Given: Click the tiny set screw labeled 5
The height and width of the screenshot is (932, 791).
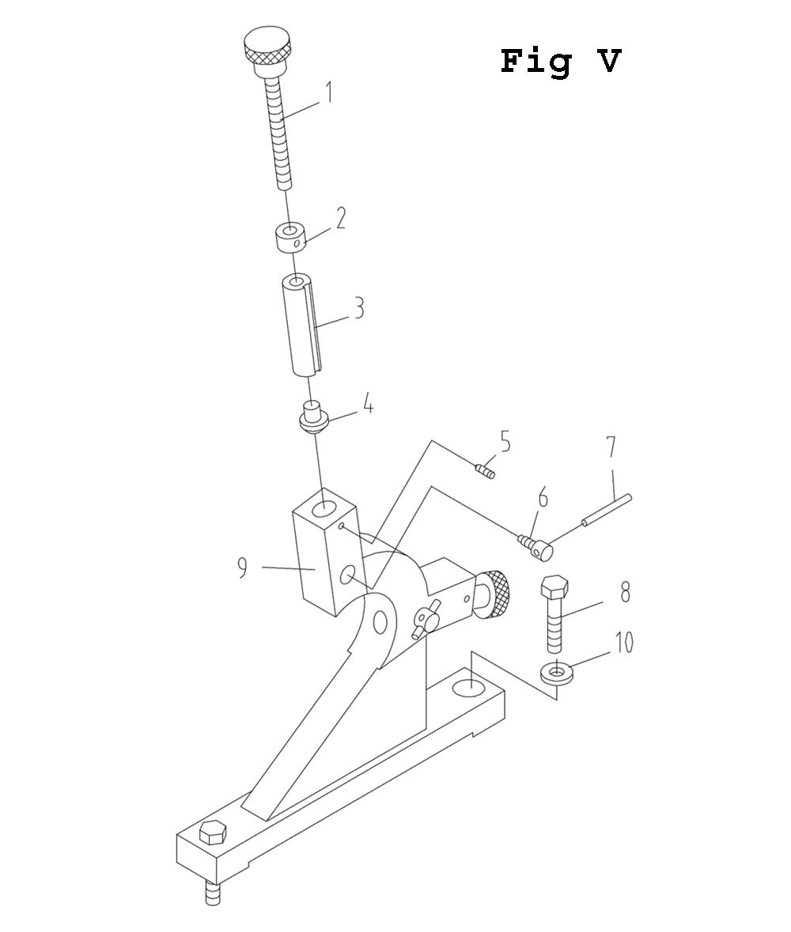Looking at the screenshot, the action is pyautogui.click(x=486, y=472).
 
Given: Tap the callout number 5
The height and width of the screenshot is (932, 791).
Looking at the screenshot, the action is pyautogui.click(x=505, y=442).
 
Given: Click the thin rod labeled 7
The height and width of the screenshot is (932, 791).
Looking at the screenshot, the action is pyautogui.click(x=607, y=511).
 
